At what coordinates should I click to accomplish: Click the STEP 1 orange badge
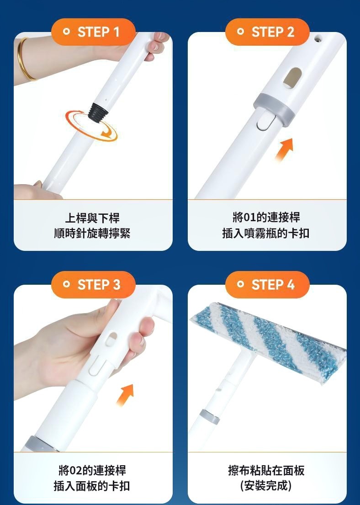pos(93,32)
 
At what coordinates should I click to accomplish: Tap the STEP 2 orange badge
pos(267,32)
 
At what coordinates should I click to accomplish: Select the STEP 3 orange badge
pos(93,284)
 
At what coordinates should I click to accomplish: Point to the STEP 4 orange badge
pos(267,284)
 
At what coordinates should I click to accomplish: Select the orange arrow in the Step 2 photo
pos(284,149)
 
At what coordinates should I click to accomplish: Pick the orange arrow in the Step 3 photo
pos(125,395)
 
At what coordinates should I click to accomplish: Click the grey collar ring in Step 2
pos(274,110)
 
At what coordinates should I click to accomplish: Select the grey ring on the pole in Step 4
pos(210,416)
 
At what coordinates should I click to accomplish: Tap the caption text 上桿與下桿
pos(92,218)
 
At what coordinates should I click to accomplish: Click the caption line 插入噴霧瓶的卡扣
pos(265,233)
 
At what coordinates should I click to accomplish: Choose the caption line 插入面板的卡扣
pos(92,486)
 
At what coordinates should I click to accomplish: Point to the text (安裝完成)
pos(266,486)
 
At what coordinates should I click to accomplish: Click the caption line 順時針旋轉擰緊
pos(92,233)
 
